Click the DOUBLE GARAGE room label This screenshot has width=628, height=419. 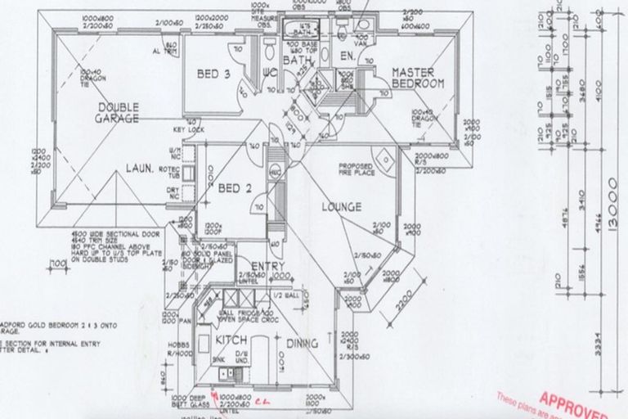[x=119, y=113]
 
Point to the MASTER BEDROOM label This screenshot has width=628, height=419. [x=417, y=78]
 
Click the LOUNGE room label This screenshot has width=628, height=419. [x=342, y=207]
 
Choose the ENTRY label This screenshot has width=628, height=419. [x=267, y=267]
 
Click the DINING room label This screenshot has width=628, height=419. [x=303, y=345]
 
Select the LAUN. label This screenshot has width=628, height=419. [x=141, y=169]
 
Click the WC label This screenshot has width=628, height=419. [x=271, y=73]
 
